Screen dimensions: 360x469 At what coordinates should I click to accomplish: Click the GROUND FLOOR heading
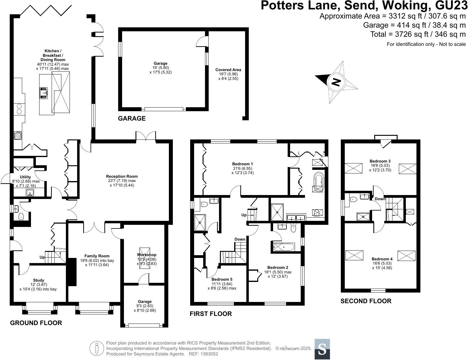(x=36, y=323)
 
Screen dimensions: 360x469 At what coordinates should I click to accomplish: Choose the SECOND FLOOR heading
(x=366, y=301)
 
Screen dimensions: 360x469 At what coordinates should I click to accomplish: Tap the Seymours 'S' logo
(x=322, y=349)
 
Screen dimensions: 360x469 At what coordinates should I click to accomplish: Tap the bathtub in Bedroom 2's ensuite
(x=283, y=247)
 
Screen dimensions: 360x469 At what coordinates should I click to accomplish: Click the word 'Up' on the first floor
(x=244, y=215)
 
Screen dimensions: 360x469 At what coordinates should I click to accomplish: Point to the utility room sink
(x=29, y=192)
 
